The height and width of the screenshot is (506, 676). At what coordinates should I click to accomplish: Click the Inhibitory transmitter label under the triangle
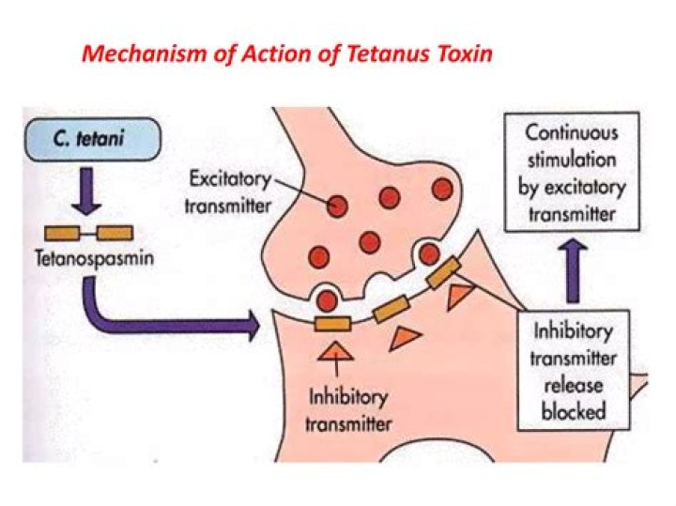pyautogui.click(x=350, y=409)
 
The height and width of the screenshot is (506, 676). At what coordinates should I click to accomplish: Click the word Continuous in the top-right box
pyautogui.click(x=571, y=132)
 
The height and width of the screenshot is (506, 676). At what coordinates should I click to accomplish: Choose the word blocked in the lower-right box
pyautogui.click(x=574, y=410)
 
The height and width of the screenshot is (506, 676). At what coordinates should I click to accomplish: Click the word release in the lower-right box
pyautogui.click(x=574, y=385)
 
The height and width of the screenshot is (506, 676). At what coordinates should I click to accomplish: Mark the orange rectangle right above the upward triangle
pyautogui.click(x=332, y=324)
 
